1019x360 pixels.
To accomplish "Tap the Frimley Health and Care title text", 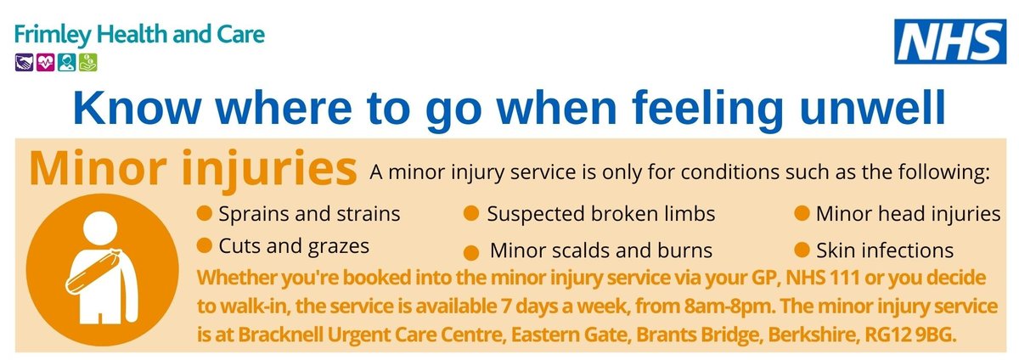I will point(139,36).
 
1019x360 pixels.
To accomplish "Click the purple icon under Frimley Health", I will point(24,62).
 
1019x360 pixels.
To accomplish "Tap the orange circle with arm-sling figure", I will point(88,267).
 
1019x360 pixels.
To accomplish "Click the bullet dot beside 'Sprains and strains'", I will point(204,213).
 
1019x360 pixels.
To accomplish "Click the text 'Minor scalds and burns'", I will point(601,251).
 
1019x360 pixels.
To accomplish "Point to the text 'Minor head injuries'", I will point(908,213).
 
